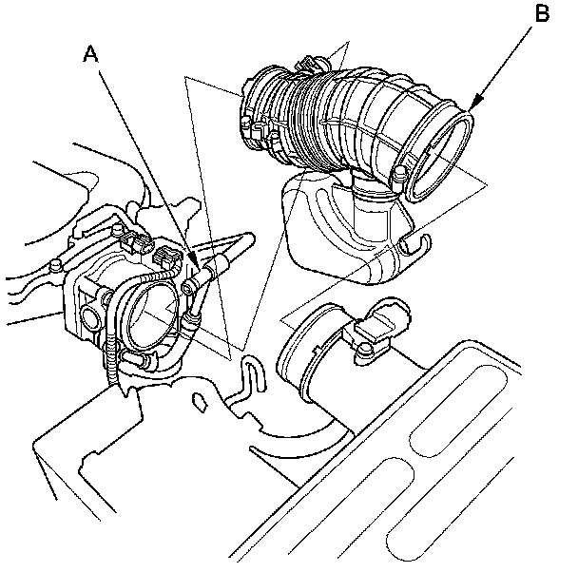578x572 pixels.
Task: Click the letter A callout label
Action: coord(90,54)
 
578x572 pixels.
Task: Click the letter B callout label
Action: coord(542,13)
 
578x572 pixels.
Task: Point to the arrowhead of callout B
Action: coord(471,107)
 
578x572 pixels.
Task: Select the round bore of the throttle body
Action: coord(151,315)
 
